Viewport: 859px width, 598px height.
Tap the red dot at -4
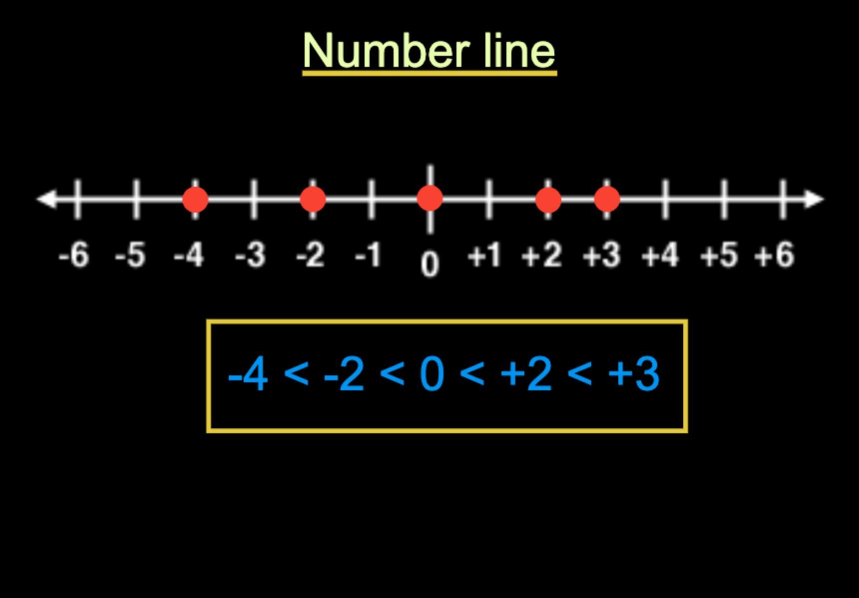(195, 199)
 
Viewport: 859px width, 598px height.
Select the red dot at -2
(313, 199)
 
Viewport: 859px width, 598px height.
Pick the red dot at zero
(429, 198)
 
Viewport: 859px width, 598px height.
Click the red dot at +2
(548, 199)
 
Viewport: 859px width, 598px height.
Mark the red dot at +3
(607, 199)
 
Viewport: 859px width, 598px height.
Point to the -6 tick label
(74, 255)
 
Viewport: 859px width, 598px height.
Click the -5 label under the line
(130, 255)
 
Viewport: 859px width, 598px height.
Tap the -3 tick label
(250, 255)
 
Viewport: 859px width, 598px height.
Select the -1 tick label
(368, 255)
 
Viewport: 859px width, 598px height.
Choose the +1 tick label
(484, 255)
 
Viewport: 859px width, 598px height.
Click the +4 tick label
(660, 255)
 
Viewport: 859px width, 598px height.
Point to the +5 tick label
(719, 255)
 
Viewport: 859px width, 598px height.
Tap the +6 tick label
(774, 255)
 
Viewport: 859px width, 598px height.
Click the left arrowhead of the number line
(46, 199)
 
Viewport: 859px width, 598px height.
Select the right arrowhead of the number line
(815, 199)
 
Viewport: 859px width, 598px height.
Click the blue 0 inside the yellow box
(432, 374)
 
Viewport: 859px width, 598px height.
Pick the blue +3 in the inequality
(634, 374)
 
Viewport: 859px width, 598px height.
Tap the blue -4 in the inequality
(248, 374)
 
